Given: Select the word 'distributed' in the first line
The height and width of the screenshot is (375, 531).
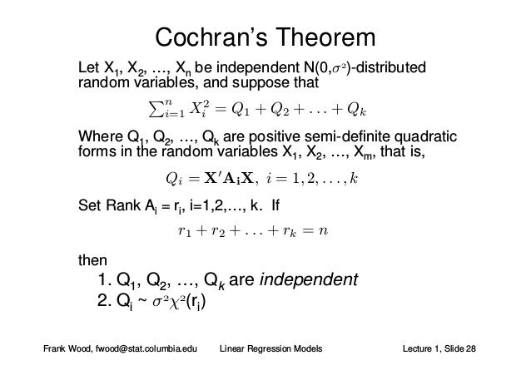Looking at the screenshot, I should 389,67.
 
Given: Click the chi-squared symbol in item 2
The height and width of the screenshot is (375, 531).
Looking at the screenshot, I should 176,302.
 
